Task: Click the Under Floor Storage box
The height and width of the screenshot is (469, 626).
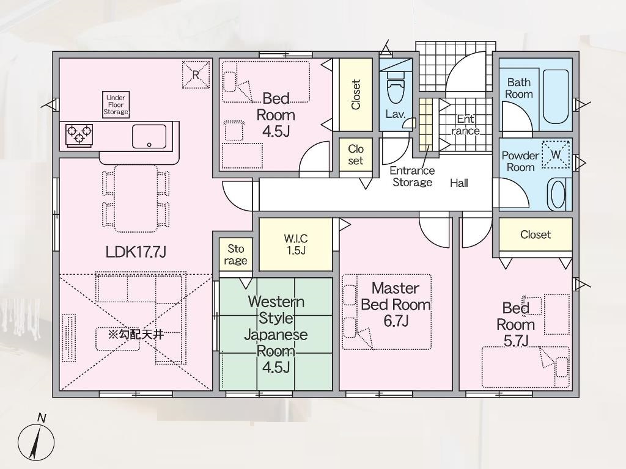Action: tap(116, 104)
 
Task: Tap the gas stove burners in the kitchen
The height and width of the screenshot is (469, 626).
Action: tap(79, 134)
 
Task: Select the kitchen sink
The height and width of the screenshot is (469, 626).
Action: tap(149, 136)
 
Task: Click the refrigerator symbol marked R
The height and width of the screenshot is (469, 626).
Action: tap(196, 75)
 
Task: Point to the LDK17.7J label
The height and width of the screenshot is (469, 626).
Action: tap(136, 252)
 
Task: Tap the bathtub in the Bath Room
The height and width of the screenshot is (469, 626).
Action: tap(555, 97)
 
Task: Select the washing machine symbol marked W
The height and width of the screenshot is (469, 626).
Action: tap(556, 155)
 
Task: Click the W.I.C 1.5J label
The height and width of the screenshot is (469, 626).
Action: tap(296, 244)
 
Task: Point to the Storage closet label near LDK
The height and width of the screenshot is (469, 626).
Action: tap(235, 255)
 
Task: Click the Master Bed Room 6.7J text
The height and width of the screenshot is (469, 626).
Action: tap(396, 304)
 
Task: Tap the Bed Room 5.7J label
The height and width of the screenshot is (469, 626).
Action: tap(516, 325)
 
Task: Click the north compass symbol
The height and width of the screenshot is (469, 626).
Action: tap(36, 442)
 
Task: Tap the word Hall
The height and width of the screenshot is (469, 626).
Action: tap(459, 183)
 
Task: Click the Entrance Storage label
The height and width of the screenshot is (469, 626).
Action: tap(412, 176)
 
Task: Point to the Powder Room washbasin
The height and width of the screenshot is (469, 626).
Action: tap(559, 194)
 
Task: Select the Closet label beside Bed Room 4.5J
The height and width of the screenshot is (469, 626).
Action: tap(355, 95)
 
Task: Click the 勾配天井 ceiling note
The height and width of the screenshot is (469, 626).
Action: tap(136, 334)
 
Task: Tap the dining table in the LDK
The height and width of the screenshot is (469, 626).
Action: tap(136, 198)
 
